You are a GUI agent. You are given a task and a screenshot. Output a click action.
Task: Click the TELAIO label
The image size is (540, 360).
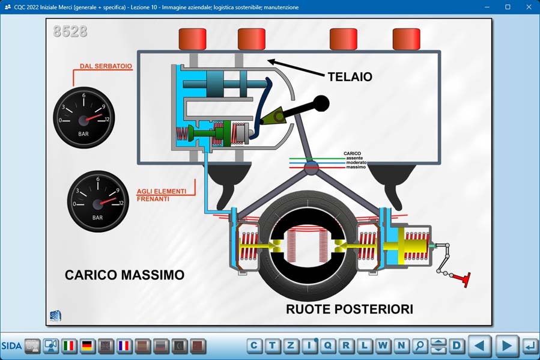click(350, 76)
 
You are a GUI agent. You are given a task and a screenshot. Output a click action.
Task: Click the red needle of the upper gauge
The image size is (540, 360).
click(94, 117)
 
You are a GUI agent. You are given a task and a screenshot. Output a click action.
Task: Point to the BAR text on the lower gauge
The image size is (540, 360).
click(97, 218)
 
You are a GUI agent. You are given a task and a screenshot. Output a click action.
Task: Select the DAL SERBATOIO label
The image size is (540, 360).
click(106, 66)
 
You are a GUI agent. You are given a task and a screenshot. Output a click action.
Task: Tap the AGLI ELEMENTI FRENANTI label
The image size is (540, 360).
click(162, 195)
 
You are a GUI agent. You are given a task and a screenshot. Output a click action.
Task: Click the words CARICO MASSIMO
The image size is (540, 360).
click(125, 275)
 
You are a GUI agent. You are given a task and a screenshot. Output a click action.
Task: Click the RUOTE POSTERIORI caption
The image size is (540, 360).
click(350, 309)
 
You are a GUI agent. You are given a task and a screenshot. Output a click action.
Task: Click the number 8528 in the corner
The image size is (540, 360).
click(70, 31)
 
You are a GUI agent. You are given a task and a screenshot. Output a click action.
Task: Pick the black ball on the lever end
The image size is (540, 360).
click(321, 104)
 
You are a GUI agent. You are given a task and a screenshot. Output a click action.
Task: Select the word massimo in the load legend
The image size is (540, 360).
click(356, 167)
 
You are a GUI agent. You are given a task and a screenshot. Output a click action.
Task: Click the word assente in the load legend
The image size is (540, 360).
click(354, 158)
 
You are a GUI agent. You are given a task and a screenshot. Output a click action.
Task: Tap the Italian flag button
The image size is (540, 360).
click(69, 346)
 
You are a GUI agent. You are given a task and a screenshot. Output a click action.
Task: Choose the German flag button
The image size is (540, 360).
click(88, 346)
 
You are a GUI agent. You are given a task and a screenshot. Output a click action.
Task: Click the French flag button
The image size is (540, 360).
click(124, 346)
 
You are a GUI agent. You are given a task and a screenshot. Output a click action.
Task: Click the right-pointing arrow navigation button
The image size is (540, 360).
click(506, 346)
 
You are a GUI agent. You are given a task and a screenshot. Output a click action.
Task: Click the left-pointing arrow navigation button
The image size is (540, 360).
click(480, 346)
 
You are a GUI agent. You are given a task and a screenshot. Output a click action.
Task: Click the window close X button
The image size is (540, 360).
click(529, 7)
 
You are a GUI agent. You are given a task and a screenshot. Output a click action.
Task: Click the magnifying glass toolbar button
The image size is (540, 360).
click(420, 346)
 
